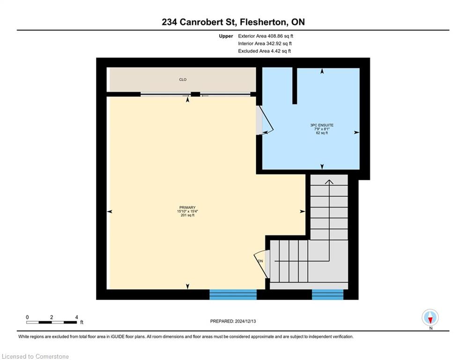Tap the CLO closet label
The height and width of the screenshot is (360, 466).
click(183, 80)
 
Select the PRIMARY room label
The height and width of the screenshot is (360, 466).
click(187, 208)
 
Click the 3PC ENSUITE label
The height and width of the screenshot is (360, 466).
click(322, 125)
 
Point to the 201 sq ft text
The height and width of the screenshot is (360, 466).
click(187, 216)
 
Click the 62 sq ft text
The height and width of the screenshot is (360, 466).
click(322, 133)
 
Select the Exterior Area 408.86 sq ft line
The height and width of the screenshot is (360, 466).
click(266, 36)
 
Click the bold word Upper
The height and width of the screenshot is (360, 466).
click(226, 36)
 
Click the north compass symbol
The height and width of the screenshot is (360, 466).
click(430, 318)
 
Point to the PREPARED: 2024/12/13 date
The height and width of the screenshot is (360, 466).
click(233, 321)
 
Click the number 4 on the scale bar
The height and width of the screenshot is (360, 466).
click(76, 317)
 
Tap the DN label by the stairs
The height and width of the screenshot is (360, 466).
click(260, 261)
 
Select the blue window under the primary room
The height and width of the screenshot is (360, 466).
click(233, 294)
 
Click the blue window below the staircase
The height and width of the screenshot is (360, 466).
click(327, 294)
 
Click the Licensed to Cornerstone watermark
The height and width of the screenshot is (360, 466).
click(36, 357)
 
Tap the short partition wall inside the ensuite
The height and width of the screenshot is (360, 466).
click(295, 86)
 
